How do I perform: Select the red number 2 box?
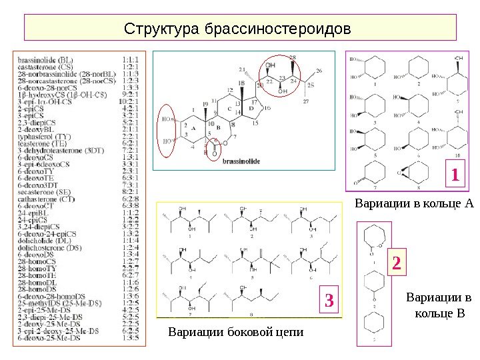(397, 264)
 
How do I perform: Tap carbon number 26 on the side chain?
(319, 70)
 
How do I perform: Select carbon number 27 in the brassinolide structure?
(306, 101)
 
